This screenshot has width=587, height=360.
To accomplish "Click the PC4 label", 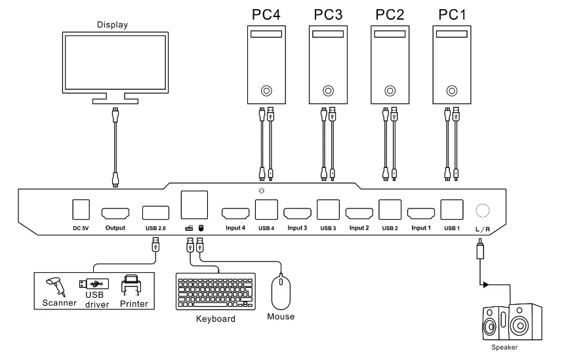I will point(266,14).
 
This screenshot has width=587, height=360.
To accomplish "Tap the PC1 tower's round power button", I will point(452,90).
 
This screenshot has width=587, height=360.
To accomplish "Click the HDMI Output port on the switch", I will point(114,214).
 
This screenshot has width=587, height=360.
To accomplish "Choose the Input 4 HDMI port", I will point(235,214).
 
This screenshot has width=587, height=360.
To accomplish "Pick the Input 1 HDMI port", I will point(420,214).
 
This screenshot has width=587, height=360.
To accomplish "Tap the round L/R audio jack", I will point(482,210).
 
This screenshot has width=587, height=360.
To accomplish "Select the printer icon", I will point(132,286).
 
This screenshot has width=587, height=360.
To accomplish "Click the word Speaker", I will point(504,348).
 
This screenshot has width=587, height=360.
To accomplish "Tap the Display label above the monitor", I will point(112,25).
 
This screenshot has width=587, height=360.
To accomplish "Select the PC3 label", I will point(328,14).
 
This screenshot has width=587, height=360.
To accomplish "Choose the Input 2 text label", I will point(359,228).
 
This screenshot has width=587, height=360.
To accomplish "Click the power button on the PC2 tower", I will point(390,90).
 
